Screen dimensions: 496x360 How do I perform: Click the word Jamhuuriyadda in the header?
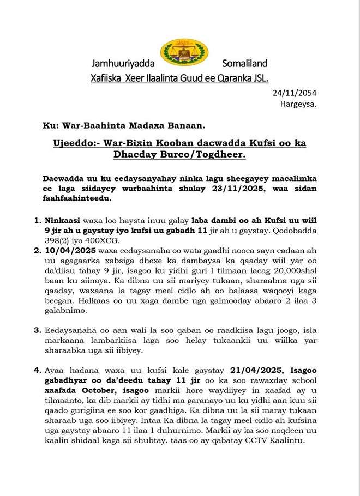(x=123, y=64)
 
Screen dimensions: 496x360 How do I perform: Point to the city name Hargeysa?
(x=298, y=104)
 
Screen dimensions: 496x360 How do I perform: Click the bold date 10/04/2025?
(x=69, y=253)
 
